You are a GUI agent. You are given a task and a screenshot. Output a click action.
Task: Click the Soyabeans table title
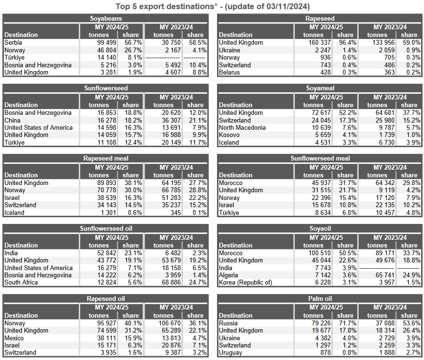pyautogui.click(x=106, y=18)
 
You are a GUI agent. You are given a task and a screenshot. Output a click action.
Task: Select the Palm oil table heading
pyautogui.click(x=320, y=298)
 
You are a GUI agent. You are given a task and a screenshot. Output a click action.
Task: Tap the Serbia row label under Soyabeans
pyautogui.click(x=13, y=42)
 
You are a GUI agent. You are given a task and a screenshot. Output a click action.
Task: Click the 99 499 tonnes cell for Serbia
pyautogui.click(x=107, y=42)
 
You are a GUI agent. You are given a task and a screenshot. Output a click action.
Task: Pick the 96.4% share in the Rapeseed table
pyautogui.click(x=348, y=42)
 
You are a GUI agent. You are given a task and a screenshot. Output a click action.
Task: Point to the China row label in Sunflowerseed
pyautogui.click(x=12, y=120)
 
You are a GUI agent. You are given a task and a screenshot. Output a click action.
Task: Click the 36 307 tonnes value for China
pyautogui.click(x=171, y=120)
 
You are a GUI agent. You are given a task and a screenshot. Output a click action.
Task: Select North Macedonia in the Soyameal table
pyautogui.click(x=242, y=127)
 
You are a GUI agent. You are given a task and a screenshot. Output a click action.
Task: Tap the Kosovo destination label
pyautogui.click(x=230, y=135)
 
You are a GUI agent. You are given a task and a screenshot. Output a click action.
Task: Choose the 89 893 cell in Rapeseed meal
pyautogui.click(x=107, y=183)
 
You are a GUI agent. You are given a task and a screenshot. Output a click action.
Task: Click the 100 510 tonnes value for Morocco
pyautogui.click(x=320, y=253)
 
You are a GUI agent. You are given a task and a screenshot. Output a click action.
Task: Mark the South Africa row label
pyautogui.click(x=21, y=282)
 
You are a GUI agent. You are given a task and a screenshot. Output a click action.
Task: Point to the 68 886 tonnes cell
pyautogui.click(x=171, y=282)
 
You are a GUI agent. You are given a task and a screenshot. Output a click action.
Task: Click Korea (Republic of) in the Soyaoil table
pyautogui.click(x=245, y=282)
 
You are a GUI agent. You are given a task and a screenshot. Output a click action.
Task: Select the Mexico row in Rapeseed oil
pyautogui.click(x=14, y=338)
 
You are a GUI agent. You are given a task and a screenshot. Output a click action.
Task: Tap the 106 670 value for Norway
pyautogui.click(x=170, y=323)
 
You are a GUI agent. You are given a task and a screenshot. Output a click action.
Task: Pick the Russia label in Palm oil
pyautogui.click(x=228, y=323)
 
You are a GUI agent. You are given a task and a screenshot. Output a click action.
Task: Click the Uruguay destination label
pyautogui.click(x=230, y=352)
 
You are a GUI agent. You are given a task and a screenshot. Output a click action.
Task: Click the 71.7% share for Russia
pyautogui.click(x=348, y=323)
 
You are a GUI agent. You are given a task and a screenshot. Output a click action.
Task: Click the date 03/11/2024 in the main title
pyautogui.click(x=288, y=6)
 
